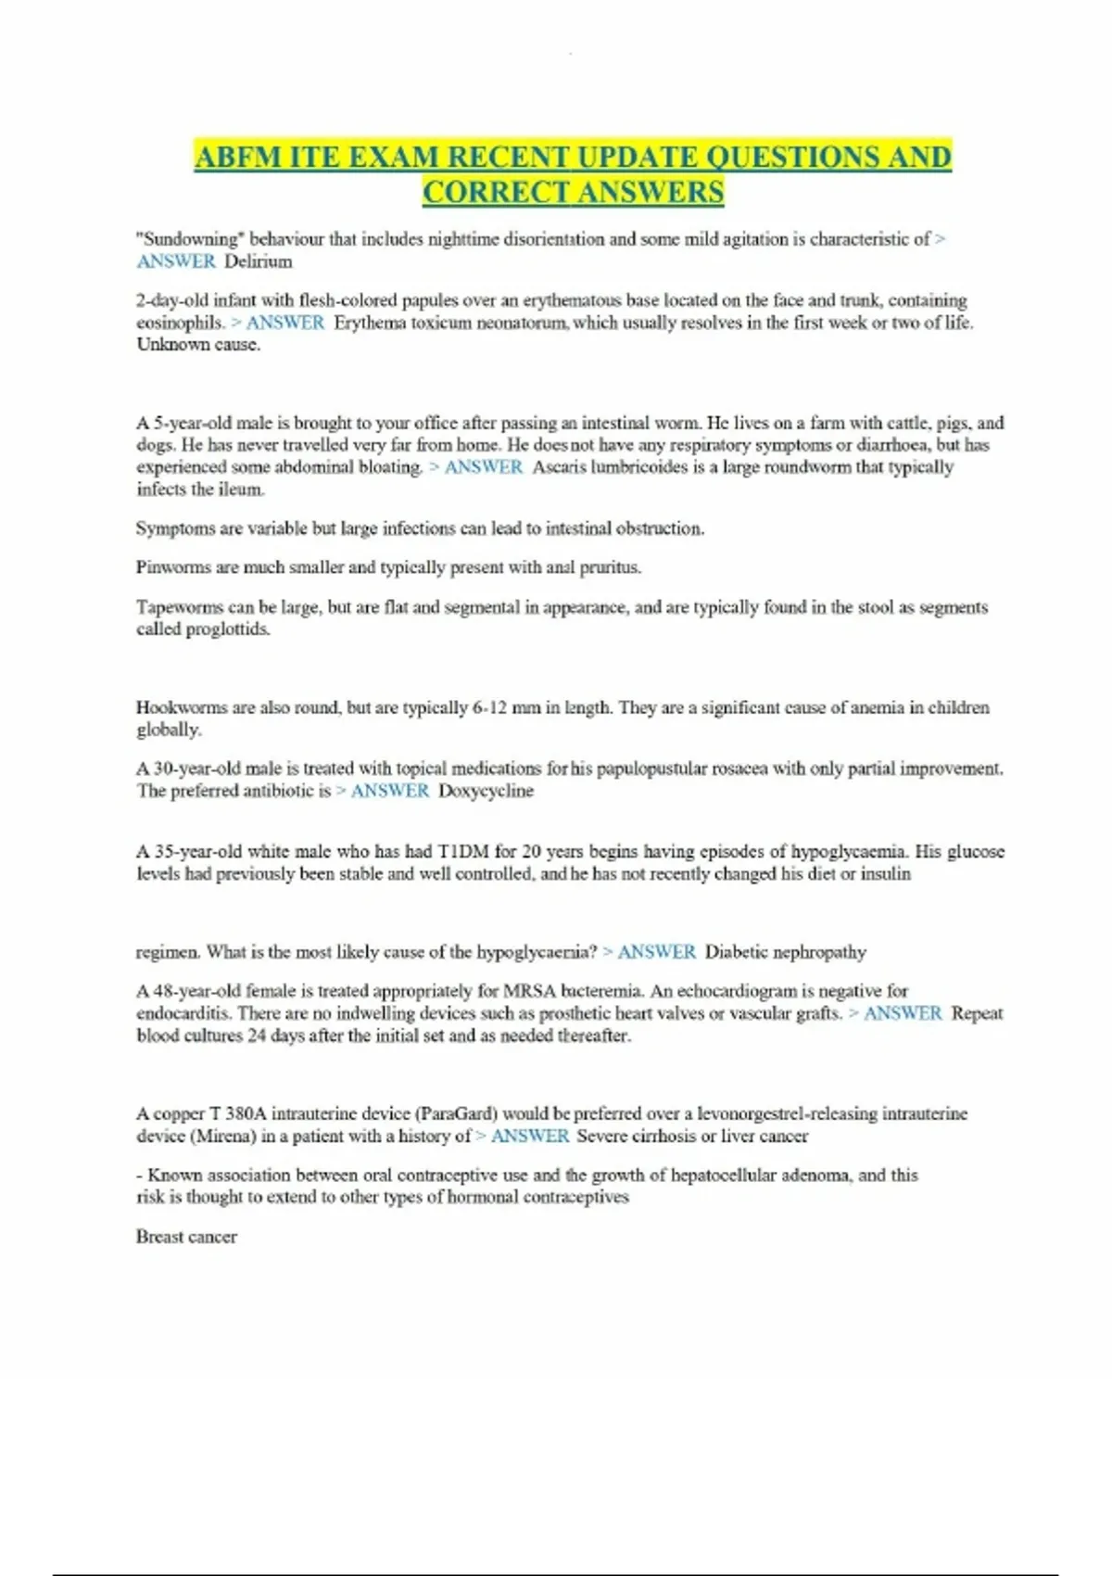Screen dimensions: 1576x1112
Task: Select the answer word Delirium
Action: pyautogui.click(x=259, y=261)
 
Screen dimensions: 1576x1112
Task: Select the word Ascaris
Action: pyautogui.click(x=559, y=467)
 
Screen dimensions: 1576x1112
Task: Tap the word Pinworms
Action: pyautogui.click(x=173, y=567)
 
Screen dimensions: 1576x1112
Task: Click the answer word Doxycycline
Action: pyautogui.click(x=486, y=791)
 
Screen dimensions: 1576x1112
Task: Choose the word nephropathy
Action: pyautogui.click(x=819, y=952)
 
